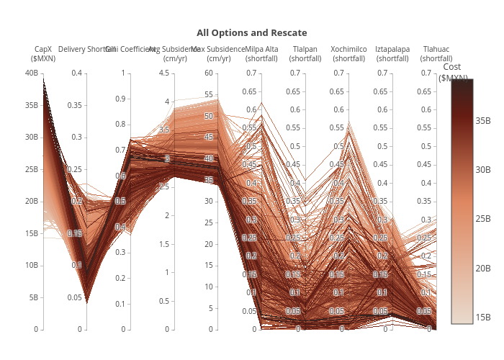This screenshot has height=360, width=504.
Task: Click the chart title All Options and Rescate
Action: coord(252,33)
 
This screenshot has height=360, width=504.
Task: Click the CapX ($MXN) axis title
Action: coord(43,53)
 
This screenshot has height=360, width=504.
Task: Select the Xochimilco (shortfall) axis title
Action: coord(348,53)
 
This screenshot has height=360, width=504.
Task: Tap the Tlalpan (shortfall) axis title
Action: coord(305,53)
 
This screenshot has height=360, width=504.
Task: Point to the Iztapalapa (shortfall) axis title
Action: coord(392,53)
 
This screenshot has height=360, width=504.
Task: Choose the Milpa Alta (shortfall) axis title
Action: coord(261,53)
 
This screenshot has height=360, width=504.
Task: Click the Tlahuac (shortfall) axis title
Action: coord(436,53)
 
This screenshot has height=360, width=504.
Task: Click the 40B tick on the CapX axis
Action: coord(31,73)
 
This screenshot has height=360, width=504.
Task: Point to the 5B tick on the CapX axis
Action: coord(33,297)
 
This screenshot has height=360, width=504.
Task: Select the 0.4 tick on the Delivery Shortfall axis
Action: coord(77,73)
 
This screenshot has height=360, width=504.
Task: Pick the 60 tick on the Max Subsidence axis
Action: coord(210,73)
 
